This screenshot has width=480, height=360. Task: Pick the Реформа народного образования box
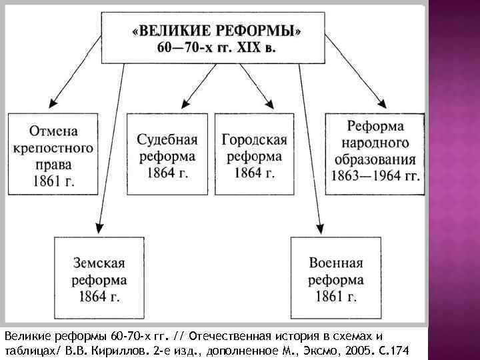coord(375,153)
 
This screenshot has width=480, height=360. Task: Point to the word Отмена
coord(52,130)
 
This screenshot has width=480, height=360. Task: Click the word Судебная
coord(167,139)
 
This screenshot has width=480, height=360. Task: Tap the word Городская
coord(254,139)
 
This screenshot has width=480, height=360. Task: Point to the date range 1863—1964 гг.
coord(375,177)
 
